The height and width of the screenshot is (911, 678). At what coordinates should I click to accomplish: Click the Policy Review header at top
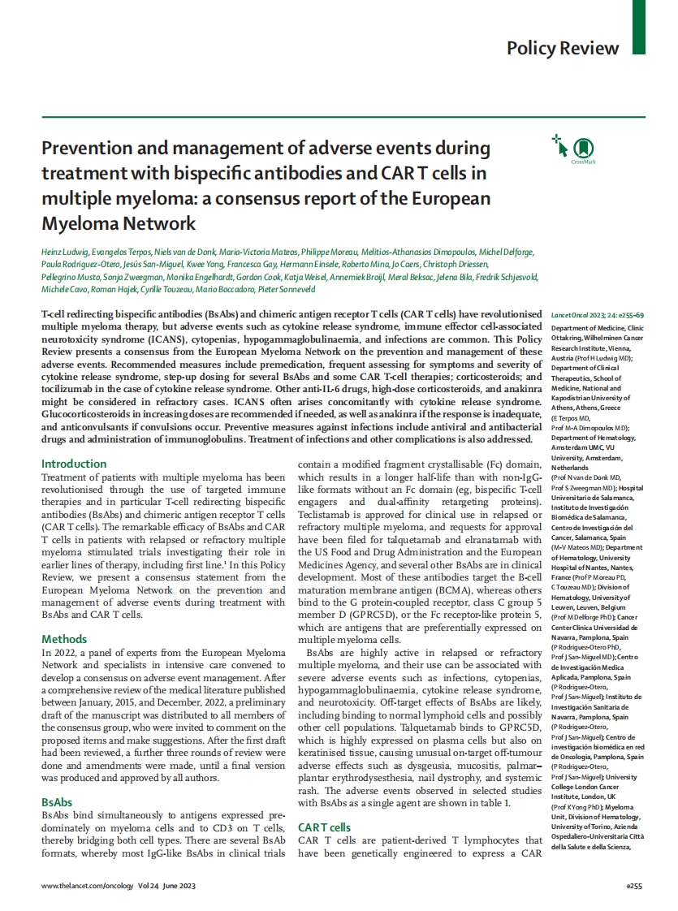563,48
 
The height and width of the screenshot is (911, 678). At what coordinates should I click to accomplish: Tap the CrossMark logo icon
583,148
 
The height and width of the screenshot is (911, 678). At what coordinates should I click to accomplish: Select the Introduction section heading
74,464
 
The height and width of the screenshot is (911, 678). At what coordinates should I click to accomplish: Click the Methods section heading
64,639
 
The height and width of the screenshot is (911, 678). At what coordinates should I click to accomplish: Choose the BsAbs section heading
57,801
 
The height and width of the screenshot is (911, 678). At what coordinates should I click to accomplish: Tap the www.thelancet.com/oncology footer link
91,887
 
